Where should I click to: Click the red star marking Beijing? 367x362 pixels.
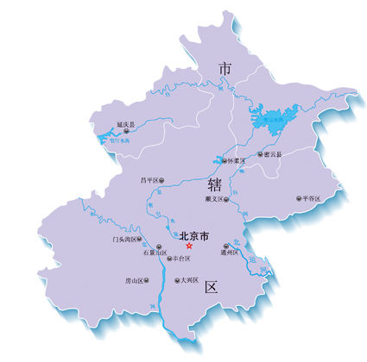click(190, 246)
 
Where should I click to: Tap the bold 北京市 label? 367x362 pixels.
click(193, 234)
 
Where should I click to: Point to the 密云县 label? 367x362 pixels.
click(272, 155)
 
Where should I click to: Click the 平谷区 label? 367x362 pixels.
click(311, 198)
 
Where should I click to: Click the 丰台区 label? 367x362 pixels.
click(180, 258)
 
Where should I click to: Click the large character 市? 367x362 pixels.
click(225, 67)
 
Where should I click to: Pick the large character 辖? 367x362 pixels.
click(214, 185)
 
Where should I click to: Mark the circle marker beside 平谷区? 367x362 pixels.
click(298, 198)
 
